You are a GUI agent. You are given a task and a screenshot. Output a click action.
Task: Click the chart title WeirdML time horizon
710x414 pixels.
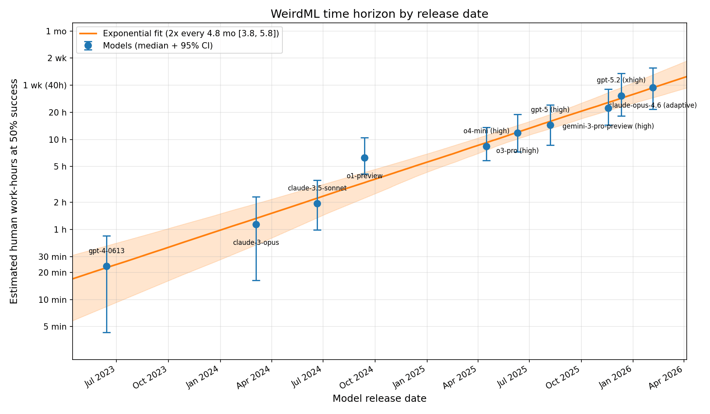(379, 14)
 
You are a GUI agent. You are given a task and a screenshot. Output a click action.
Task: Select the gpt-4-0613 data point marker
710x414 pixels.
(106, 266)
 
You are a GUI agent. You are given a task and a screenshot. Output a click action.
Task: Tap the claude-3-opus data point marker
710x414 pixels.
(256, 224)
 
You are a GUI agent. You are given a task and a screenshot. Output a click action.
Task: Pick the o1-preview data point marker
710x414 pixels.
(364, 158)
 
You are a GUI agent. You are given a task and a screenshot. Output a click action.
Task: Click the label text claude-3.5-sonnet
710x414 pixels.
(317, 188)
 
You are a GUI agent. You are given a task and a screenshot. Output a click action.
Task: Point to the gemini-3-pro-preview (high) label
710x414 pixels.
(608, 127)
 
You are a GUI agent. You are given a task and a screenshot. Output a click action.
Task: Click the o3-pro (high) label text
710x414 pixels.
(517, 151)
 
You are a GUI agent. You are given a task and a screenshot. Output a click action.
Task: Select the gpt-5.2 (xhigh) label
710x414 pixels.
(621, 80)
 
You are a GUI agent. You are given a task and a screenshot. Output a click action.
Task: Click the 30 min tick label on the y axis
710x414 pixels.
(54, 257)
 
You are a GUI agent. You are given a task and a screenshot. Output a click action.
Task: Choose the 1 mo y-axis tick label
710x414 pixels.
(56, 32)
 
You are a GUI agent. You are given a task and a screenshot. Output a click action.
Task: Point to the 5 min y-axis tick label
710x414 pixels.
(56, 327)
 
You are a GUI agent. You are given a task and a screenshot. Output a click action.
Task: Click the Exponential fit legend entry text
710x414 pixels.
(191, 34)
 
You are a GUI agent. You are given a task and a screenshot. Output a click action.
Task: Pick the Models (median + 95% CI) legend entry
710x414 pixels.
(158, 46)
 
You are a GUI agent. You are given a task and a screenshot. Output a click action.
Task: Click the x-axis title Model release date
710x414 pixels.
(379, 399)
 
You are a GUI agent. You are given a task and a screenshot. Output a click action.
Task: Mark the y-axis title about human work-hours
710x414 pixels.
(14, 191)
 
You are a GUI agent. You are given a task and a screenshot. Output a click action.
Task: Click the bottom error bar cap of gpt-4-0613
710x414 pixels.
(106, 333)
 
